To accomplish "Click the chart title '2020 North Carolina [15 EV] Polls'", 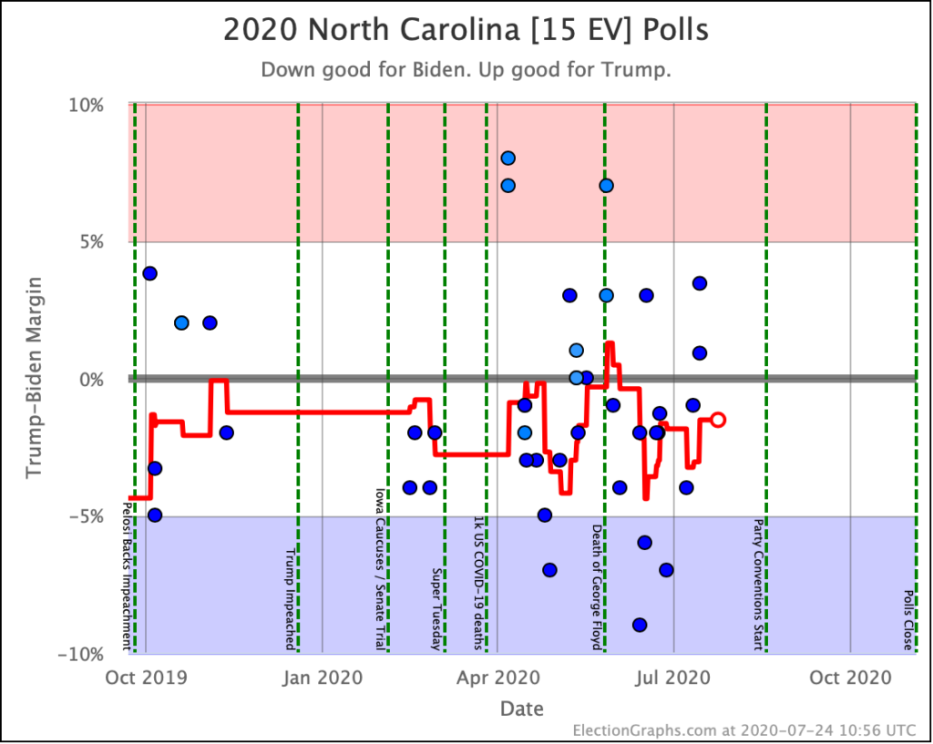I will pyautogui.click(x=466, y=31).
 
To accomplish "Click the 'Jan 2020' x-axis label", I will pyautogui.click(x=323, y=678).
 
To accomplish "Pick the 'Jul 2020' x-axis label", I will pyautogui.click(x=674, y=678).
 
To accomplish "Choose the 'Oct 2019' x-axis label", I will pyautogui.click(x=146, y=678).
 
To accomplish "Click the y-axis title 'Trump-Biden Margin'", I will pyautogui.click(x=34, y=379).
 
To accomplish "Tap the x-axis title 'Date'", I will pyautogui.click(x=521, y=708).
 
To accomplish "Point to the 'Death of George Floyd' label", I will pyautogui.click(x=597, y=586).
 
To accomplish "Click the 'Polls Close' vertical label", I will pyautogui.click(x=908, y=623).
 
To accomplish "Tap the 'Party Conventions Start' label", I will pyautogui.click(x=757, y=585).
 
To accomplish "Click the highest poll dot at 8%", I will pyautogui.click(x=508, y=158).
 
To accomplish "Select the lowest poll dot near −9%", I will pyautogui.click(x=640, y=625).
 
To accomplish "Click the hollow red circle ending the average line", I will pyautogui.click(x=718, y=420).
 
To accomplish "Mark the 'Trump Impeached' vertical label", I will pyautogui.click(x=291, y=599).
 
